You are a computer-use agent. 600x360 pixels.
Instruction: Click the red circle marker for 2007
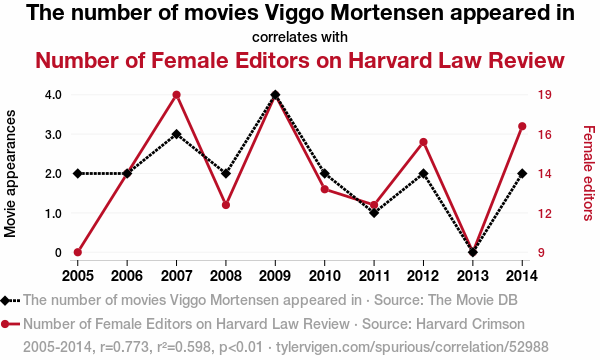point(176,95)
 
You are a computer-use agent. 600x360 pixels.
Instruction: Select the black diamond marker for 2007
point(176,134)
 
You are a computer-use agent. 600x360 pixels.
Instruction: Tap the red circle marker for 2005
point(78,252)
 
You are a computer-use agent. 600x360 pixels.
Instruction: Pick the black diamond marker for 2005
point(78,174)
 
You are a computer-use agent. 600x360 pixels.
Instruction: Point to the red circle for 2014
point(522,126)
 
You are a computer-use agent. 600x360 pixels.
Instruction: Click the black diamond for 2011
point(374,213)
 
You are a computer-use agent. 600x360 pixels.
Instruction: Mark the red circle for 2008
point(226,205)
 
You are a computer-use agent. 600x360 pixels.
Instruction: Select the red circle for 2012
point(424,142)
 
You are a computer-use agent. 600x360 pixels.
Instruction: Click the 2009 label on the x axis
point(275,276)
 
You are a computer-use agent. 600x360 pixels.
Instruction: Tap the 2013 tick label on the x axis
point(473,276)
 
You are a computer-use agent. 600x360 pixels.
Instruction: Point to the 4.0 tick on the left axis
point(53,94)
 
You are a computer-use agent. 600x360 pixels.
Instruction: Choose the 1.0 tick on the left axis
point(53,213)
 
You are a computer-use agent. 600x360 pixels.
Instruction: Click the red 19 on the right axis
point(545,94)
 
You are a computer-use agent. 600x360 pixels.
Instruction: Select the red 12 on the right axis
point(545,213)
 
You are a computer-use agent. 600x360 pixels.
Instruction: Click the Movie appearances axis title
point(10,173)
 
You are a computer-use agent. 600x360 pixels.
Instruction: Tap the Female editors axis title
point(589,173)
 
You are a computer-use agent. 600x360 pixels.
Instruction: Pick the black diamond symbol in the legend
point(5,301)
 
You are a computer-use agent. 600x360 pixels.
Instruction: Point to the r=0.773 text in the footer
point(124,347)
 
